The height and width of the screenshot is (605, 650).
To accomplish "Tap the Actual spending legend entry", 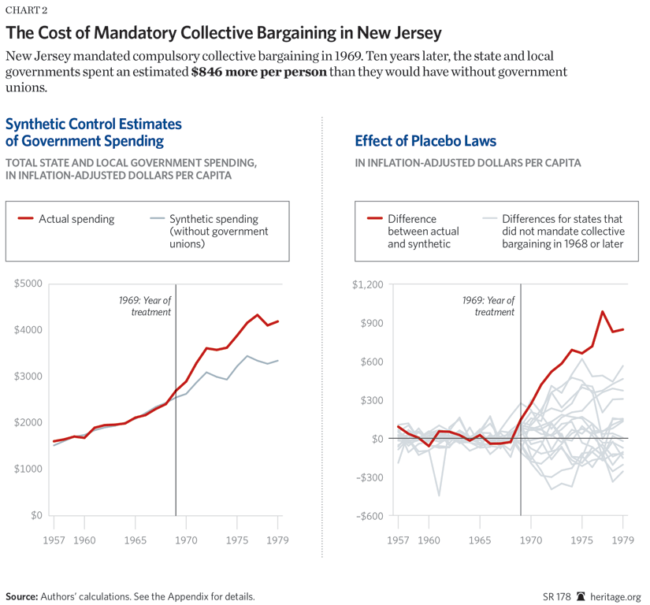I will click(76, 219).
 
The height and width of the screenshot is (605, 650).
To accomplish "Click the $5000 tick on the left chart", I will click(28, 284).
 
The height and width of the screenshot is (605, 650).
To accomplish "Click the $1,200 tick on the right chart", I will click(366, 284).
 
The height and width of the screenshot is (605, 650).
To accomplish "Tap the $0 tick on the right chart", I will click(377, 439).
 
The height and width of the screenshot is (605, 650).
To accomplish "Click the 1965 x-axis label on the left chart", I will click(136, 541).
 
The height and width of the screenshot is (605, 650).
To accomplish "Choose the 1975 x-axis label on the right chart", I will click(581, 541).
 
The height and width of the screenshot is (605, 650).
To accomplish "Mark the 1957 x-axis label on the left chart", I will click(54, 541).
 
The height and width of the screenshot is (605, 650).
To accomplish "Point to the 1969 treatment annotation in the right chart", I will click(488, 306).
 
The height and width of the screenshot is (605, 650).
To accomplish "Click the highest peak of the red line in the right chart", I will click(603, 311).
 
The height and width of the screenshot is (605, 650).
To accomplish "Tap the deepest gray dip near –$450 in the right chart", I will click(439, 496).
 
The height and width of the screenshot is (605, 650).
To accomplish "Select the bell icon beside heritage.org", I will click(582, 596).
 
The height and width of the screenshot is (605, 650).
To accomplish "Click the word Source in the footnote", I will click(21, 596).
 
